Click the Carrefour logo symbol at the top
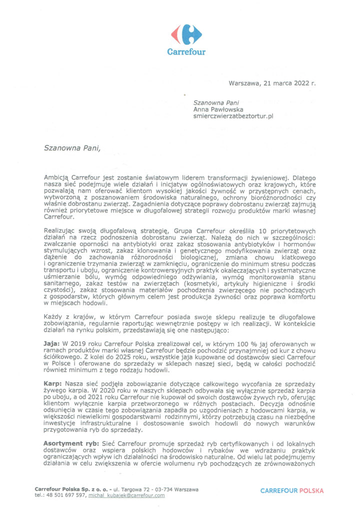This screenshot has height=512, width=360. coord(186,33)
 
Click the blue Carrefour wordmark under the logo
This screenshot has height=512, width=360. coord(186,51)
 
